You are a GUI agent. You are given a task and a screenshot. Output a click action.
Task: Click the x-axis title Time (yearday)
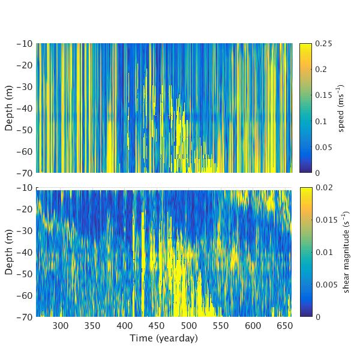(163, 338)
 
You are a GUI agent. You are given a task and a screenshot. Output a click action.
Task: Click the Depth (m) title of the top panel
(10, 108)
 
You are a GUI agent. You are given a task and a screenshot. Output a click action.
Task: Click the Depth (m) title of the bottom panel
(10, 252)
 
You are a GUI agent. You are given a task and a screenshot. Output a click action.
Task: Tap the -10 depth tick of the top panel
(37, 44)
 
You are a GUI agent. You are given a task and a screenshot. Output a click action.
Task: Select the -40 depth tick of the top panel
(37, 108)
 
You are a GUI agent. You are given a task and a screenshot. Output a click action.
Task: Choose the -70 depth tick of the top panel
(37, 172)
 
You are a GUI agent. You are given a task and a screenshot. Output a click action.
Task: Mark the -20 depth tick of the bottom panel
(37, 209)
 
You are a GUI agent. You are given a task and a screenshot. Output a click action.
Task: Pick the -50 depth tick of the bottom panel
(37, 273)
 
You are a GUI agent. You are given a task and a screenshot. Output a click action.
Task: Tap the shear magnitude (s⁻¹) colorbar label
(346, 252)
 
